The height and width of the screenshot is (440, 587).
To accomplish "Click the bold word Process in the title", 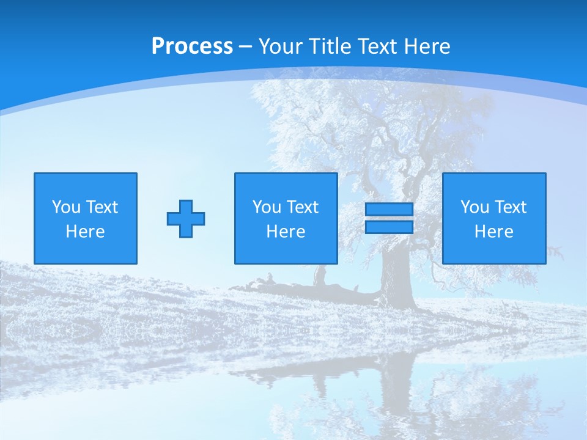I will pos(192,46).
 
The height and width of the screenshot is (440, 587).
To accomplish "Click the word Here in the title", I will pos(426,46).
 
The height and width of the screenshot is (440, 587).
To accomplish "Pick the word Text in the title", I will pos(376,46).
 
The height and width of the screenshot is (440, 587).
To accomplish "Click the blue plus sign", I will pos(186,218).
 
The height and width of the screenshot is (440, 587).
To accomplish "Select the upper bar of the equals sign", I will pos(389,210).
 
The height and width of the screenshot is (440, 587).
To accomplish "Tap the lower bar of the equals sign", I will pos(389,227).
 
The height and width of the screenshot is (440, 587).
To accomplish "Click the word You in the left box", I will pos(66,207).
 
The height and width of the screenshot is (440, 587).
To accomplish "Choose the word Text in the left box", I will pos(102,207).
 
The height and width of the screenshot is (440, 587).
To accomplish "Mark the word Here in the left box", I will pos(85,232).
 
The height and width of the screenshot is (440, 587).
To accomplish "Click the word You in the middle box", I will pos(267,207).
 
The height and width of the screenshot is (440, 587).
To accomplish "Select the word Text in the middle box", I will pos(302,207).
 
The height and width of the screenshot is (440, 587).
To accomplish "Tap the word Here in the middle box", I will pos(286,232).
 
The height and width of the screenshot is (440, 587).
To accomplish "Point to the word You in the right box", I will pos(474,207).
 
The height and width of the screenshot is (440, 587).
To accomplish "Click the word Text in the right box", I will pos(510,207).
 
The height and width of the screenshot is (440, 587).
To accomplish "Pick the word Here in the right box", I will pos(493,232).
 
